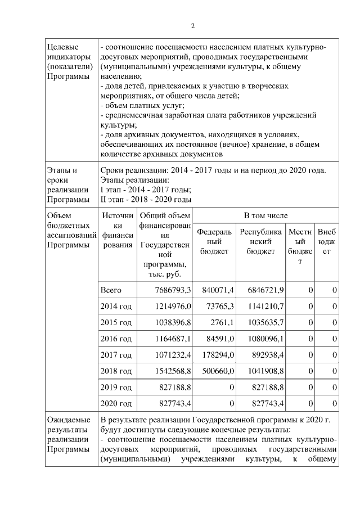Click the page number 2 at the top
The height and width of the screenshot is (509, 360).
[192, 26]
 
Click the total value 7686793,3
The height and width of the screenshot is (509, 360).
[173, 290]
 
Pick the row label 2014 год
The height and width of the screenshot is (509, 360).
[115, 307]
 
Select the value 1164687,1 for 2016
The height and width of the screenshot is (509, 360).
[173, 339]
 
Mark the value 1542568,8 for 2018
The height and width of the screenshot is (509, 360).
[173, 372]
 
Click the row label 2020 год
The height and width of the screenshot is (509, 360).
[115, 404]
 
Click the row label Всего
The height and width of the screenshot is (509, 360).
[111, 290]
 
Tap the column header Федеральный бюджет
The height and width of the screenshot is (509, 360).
[214, 241]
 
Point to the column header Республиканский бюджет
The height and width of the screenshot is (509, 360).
[261, 241]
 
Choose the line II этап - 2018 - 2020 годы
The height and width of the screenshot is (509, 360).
[146, 199]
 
